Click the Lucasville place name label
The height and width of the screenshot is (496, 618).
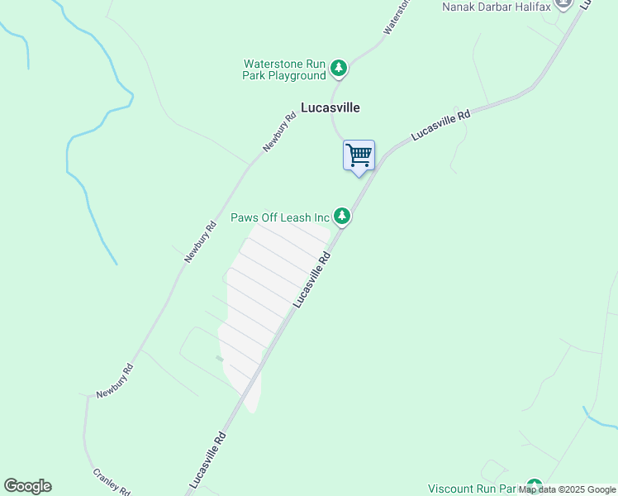coord(330,107)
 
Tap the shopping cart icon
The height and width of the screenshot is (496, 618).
coord(359,155)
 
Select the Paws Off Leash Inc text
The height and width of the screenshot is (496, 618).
coord(280,217)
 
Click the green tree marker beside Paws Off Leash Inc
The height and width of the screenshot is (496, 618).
coord(342,217)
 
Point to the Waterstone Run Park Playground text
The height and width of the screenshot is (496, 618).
coord(284,69)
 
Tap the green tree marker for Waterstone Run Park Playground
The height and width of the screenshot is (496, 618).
coord(338,68)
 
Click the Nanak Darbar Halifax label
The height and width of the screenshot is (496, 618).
coord(496,7)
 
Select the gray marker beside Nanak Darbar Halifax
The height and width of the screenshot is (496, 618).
coord(565,3)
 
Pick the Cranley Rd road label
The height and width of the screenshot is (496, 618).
coord(111,482)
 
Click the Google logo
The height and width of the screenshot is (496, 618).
coord(27,486)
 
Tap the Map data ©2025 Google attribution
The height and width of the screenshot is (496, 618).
coord(567,489)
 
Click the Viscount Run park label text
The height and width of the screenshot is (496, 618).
coord(475,489)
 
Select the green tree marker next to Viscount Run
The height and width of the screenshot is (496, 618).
coord(535,487)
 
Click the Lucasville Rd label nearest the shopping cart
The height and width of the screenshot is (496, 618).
coord(440,125)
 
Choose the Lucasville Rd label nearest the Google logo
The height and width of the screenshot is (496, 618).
coord(207,457)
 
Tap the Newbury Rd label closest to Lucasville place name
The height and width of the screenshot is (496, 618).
coord(279,132)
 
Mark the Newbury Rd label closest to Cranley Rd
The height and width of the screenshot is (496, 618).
coord(114,383)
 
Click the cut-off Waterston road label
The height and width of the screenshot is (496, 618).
coord(397,17)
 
